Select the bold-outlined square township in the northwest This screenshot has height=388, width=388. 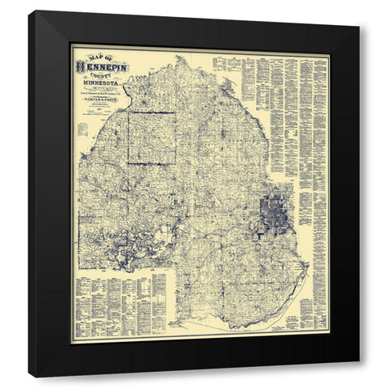150,138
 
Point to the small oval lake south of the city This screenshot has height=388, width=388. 272,242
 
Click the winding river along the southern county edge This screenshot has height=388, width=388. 242,323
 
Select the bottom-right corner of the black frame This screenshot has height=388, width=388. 359,377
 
